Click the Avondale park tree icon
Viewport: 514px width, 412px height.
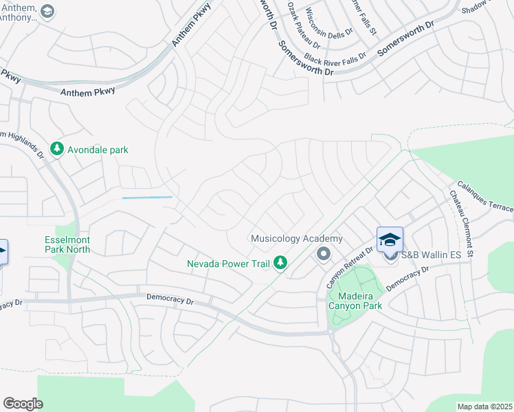tap(57, 149)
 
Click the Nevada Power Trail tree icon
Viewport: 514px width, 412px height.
tap(280, 262)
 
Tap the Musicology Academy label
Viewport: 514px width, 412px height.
tap(295, 238)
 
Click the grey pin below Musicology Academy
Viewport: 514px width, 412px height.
tap(323, 254)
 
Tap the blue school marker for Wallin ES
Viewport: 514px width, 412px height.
tap(390, 240)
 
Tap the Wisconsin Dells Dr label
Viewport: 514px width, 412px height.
tap(329, 22)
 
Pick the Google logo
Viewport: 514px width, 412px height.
tap(23, 404)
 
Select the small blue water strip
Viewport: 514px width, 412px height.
tap(147, 198)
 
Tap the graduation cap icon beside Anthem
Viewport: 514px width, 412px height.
tap(47, 11)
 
